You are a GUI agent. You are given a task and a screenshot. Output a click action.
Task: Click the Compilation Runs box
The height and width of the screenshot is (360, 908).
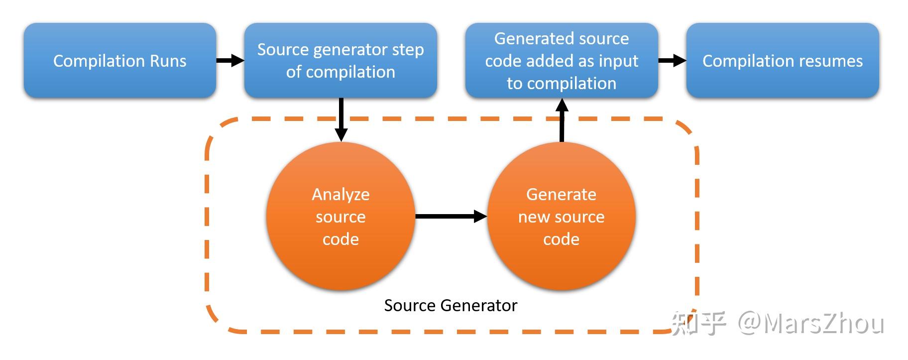click(120, 60)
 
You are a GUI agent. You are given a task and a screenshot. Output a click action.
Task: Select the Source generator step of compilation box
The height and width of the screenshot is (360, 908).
click(340, 60)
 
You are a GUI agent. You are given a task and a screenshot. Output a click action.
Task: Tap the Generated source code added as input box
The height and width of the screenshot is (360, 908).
click(562, 60)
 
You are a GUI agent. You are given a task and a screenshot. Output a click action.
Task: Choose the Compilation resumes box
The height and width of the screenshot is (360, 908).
click(783, 60)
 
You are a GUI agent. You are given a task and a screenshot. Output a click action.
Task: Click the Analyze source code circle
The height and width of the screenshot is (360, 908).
click(340, 216)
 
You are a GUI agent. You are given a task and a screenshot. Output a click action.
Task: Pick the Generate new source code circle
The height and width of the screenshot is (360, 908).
click(562, 216)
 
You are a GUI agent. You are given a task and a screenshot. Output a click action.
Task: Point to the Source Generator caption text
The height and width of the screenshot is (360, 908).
click(451, 305)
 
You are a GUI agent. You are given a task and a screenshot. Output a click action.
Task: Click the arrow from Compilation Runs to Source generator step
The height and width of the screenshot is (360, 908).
click(230, 61)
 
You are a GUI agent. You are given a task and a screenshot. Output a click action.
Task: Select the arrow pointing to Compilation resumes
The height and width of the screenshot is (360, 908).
click(672, 61)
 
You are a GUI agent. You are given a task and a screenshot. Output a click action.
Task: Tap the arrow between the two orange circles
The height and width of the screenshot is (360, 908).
click(451, 216)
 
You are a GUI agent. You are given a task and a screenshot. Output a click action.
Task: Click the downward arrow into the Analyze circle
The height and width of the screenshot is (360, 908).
click(341, 120)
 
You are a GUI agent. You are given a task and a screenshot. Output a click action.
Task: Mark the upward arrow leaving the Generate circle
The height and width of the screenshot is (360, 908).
click(562, 120)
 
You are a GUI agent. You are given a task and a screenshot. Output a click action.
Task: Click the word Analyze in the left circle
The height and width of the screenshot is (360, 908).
click(340, 194)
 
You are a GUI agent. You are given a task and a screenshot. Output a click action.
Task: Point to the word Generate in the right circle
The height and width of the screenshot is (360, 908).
click(561, 194)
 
